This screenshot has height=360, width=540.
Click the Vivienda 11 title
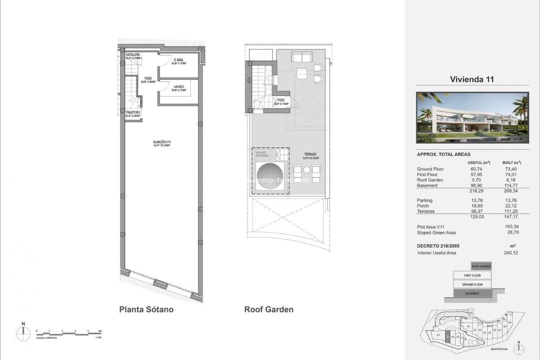tap(472, 79)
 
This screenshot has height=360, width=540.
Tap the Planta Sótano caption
tap(146, 309)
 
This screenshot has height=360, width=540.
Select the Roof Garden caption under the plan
tap(268, 309)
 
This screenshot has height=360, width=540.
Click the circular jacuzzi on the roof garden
tap(269, 176)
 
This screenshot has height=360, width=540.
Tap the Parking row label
tap(424, 200)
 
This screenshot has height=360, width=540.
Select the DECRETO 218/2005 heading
tap(438, 246)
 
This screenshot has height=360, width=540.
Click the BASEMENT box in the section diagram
tap(472, 293)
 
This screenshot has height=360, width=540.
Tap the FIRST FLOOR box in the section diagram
tap(472, 275)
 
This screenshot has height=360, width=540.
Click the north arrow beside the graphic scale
tap(23, 332)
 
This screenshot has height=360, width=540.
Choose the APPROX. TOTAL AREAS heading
tap(443, 154)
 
